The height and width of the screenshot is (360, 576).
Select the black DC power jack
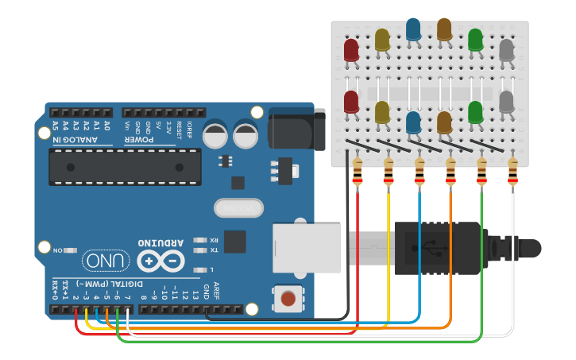click(x=297, y=130)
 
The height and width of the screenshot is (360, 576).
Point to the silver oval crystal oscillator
click(x=238, y=208)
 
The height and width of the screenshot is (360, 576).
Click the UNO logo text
click(x=102, y=260)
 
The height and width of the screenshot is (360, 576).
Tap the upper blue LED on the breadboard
click(x=413, y=30)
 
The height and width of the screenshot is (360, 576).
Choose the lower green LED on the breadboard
click(x=476, y=112)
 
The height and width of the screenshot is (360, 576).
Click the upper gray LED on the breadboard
click(x=507, y=50)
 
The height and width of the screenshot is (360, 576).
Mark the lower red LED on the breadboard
click(x=351, y=102)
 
